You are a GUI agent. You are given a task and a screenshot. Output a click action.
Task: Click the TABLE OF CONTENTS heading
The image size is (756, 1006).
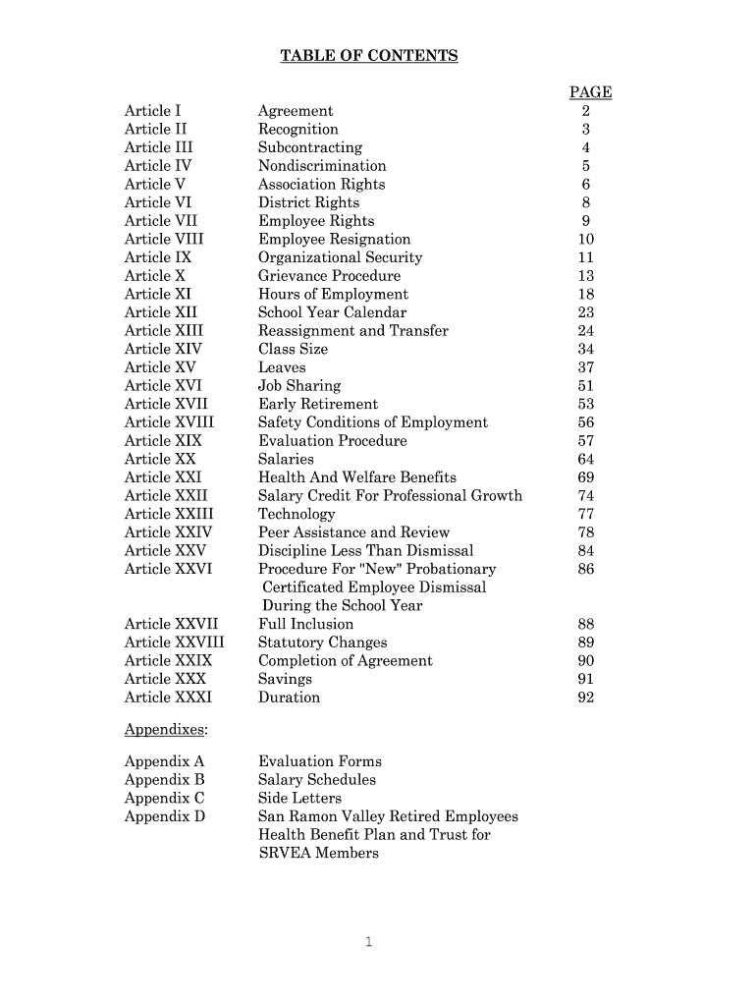369,56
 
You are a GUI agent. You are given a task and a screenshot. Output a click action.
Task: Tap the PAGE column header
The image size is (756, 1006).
590,92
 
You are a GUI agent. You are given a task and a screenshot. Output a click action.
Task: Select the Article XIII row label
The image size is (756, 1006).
162,331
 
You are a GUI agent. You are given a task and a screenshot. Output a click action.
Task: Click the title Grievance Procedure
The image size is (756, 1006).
329,276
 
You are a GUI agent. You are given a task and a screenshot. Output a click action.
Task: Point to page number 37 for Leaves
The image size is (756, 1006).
586,367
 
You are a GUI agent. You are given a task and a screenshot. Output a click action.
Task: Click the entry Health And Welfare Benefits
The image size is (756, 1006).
356,477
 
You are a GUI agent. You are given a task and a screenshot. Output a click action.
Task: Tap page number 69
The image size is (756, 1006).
586,477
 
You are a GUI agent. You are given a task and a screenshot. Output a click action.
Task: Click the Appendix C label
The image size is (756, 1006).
164,798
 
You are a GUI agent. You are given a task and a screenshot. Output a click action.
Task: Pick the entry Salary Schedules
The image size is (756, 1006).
316,780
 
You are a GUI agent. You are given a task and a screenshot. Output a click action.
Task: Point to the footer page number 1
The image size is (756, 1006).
368,943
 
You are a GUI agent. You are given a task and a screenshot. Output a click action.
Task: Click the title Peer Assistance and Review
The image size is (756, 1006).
353,532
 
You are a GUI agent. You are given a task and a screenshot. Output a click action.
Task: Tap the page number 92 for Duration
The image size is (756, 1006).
586,698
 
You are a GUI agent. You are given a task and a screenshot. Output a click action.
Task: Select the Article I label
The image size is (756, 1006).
152,111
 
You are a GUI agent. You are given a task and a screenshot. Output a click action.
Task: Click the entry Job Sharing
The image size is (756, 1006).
299,386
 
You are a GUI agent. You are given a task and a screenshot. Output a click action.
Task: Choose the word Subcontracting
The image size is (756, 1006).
309,147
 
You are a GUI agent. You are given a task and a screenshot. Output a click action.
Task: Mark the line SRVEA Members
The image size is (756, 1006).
318,853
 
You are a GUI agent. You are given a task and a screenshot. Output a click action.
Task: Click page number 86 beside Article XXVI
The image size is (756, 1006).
586,569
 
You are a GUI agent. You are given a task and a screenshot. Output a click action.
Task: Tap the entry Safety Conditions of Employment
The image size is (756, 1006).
372,422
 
